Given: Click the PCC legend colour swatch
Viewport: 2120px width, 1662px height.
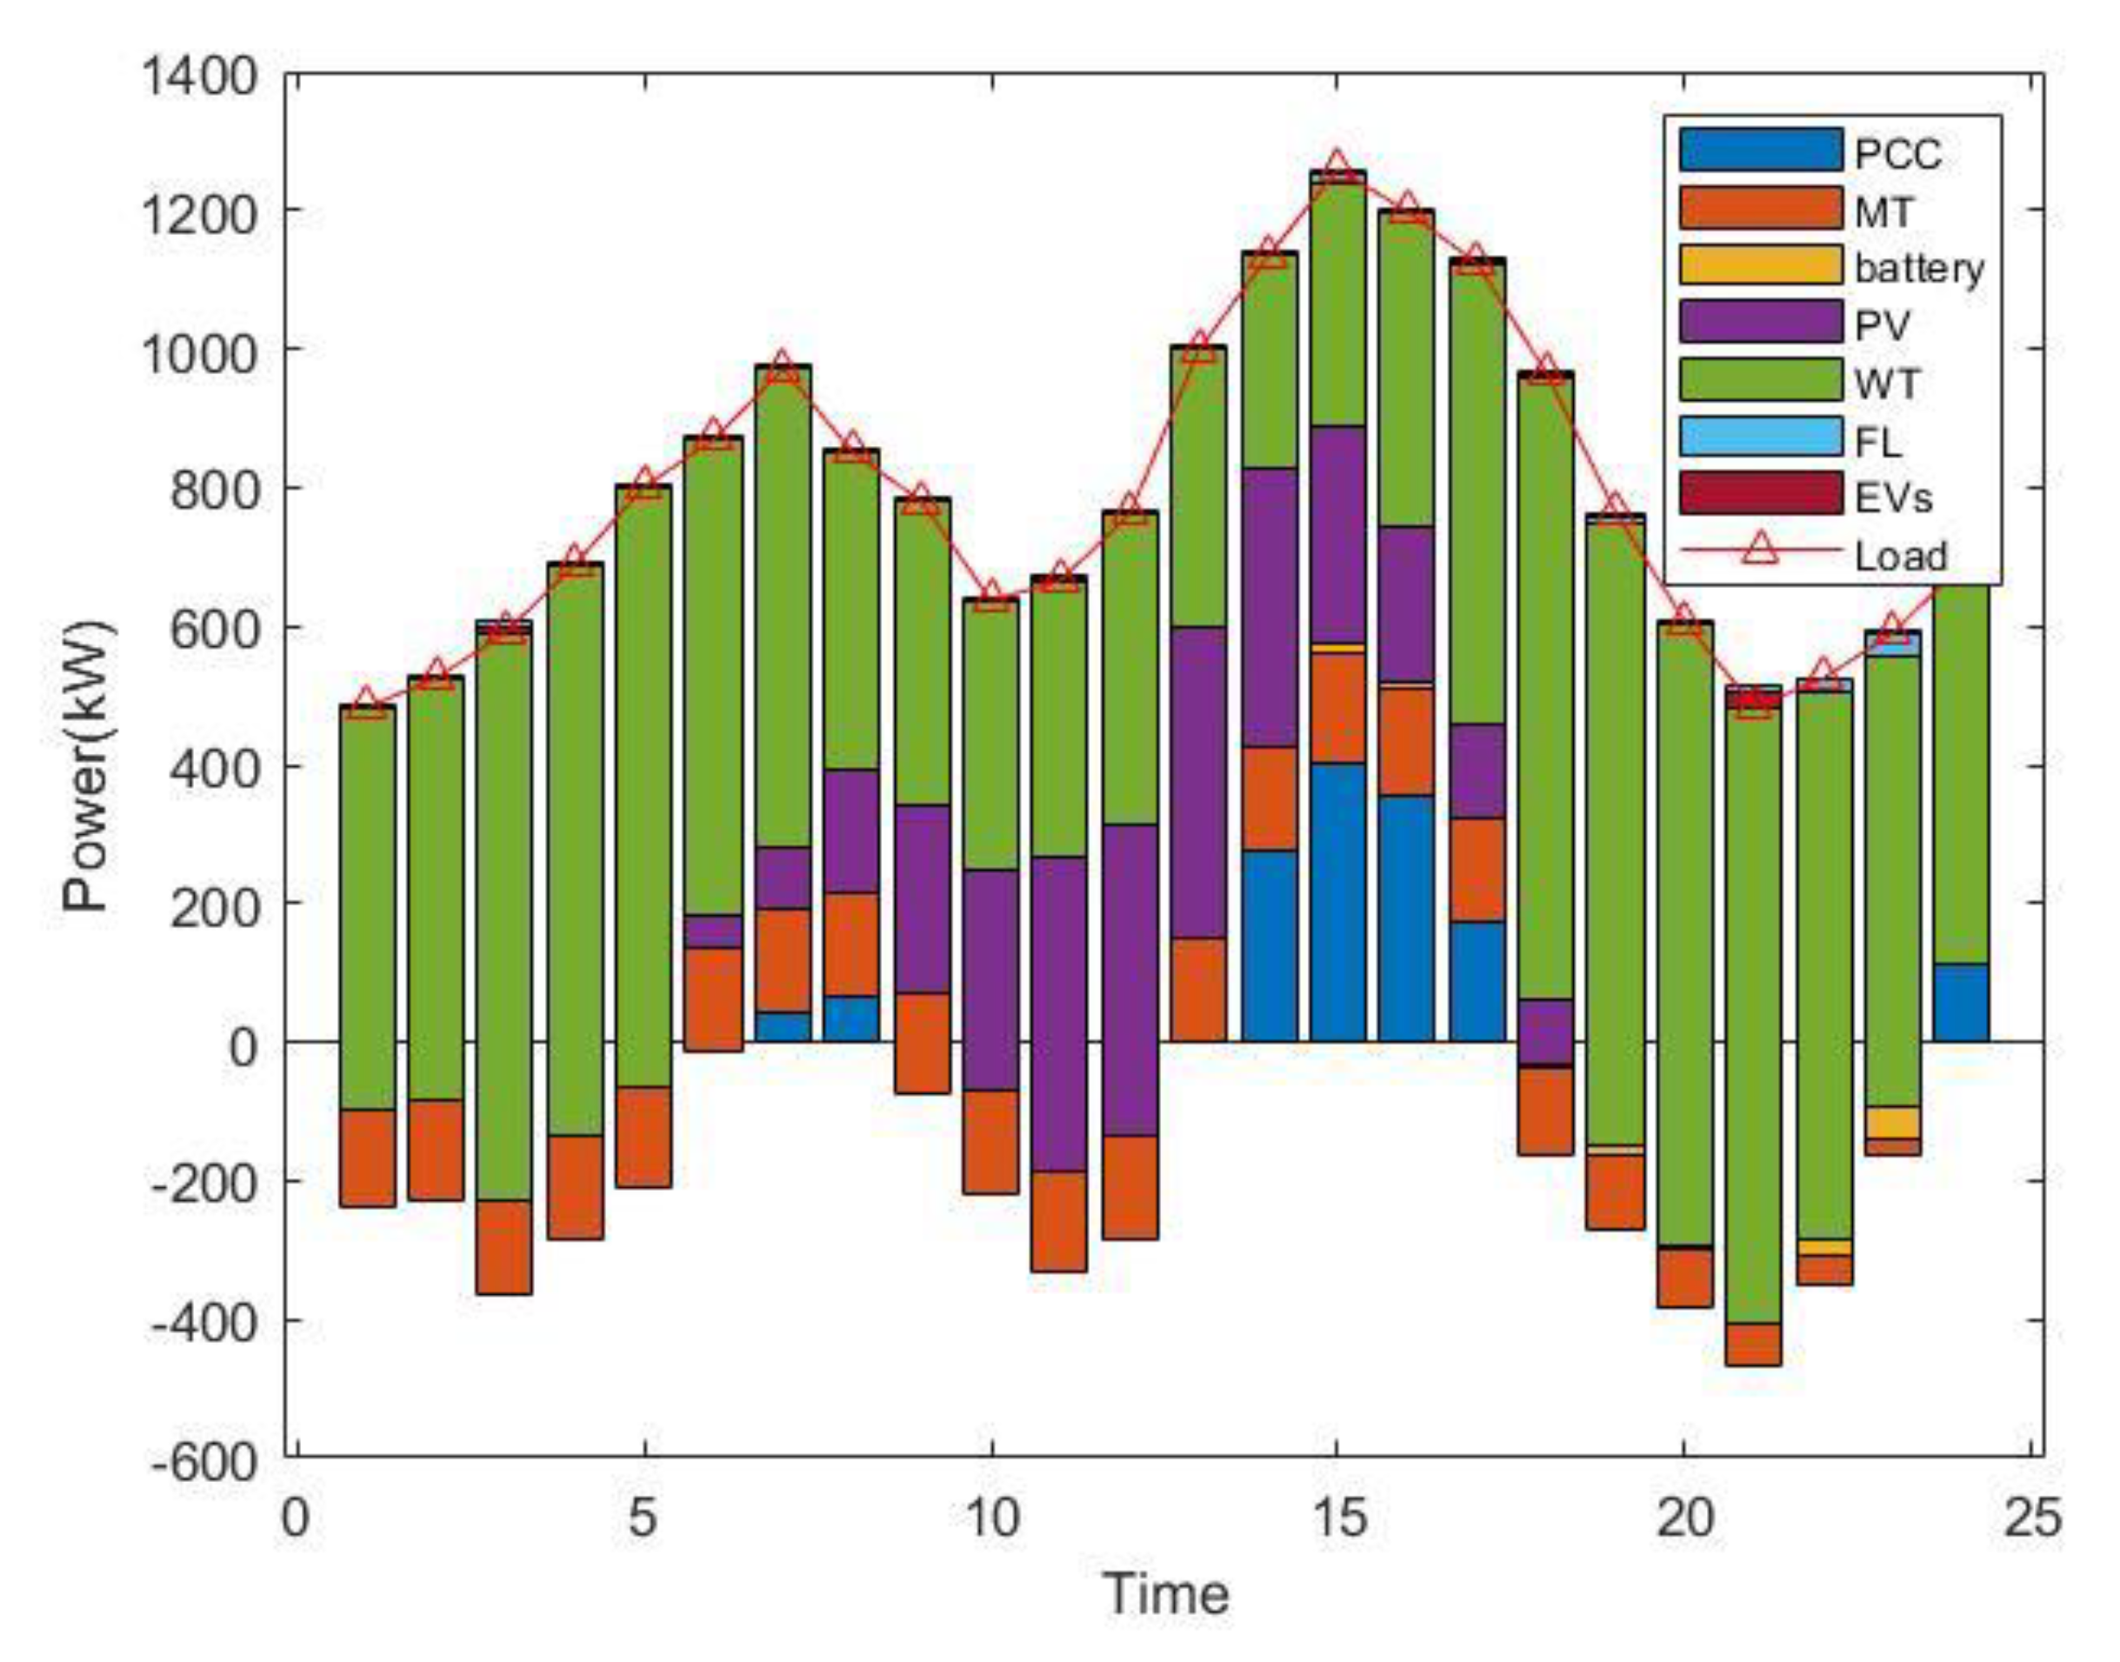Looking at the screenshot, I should pos(1760,150).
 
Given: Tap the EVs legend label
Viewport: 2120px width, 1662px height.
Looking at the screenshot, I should pos(1892,498).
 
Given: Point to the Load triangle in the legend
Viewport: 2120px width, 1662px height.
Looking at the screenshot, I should pos(1760,551).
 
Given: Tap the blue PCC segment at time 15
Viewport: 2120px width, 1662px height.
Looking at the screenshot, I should pos(1337,902).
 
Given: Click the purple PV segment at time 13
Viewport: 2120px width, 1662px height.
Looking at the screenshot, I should pos(1198,783).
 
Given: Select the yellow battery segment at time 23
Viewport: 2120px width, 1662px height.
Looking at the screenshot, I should pos(1892,1123).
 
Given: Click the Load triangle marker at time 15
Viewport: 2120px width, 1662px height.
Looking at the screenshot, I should pos(1337,164).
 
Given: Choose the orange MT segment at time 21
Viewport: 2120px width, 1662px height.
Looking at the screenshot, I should pos(1753,1344).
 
